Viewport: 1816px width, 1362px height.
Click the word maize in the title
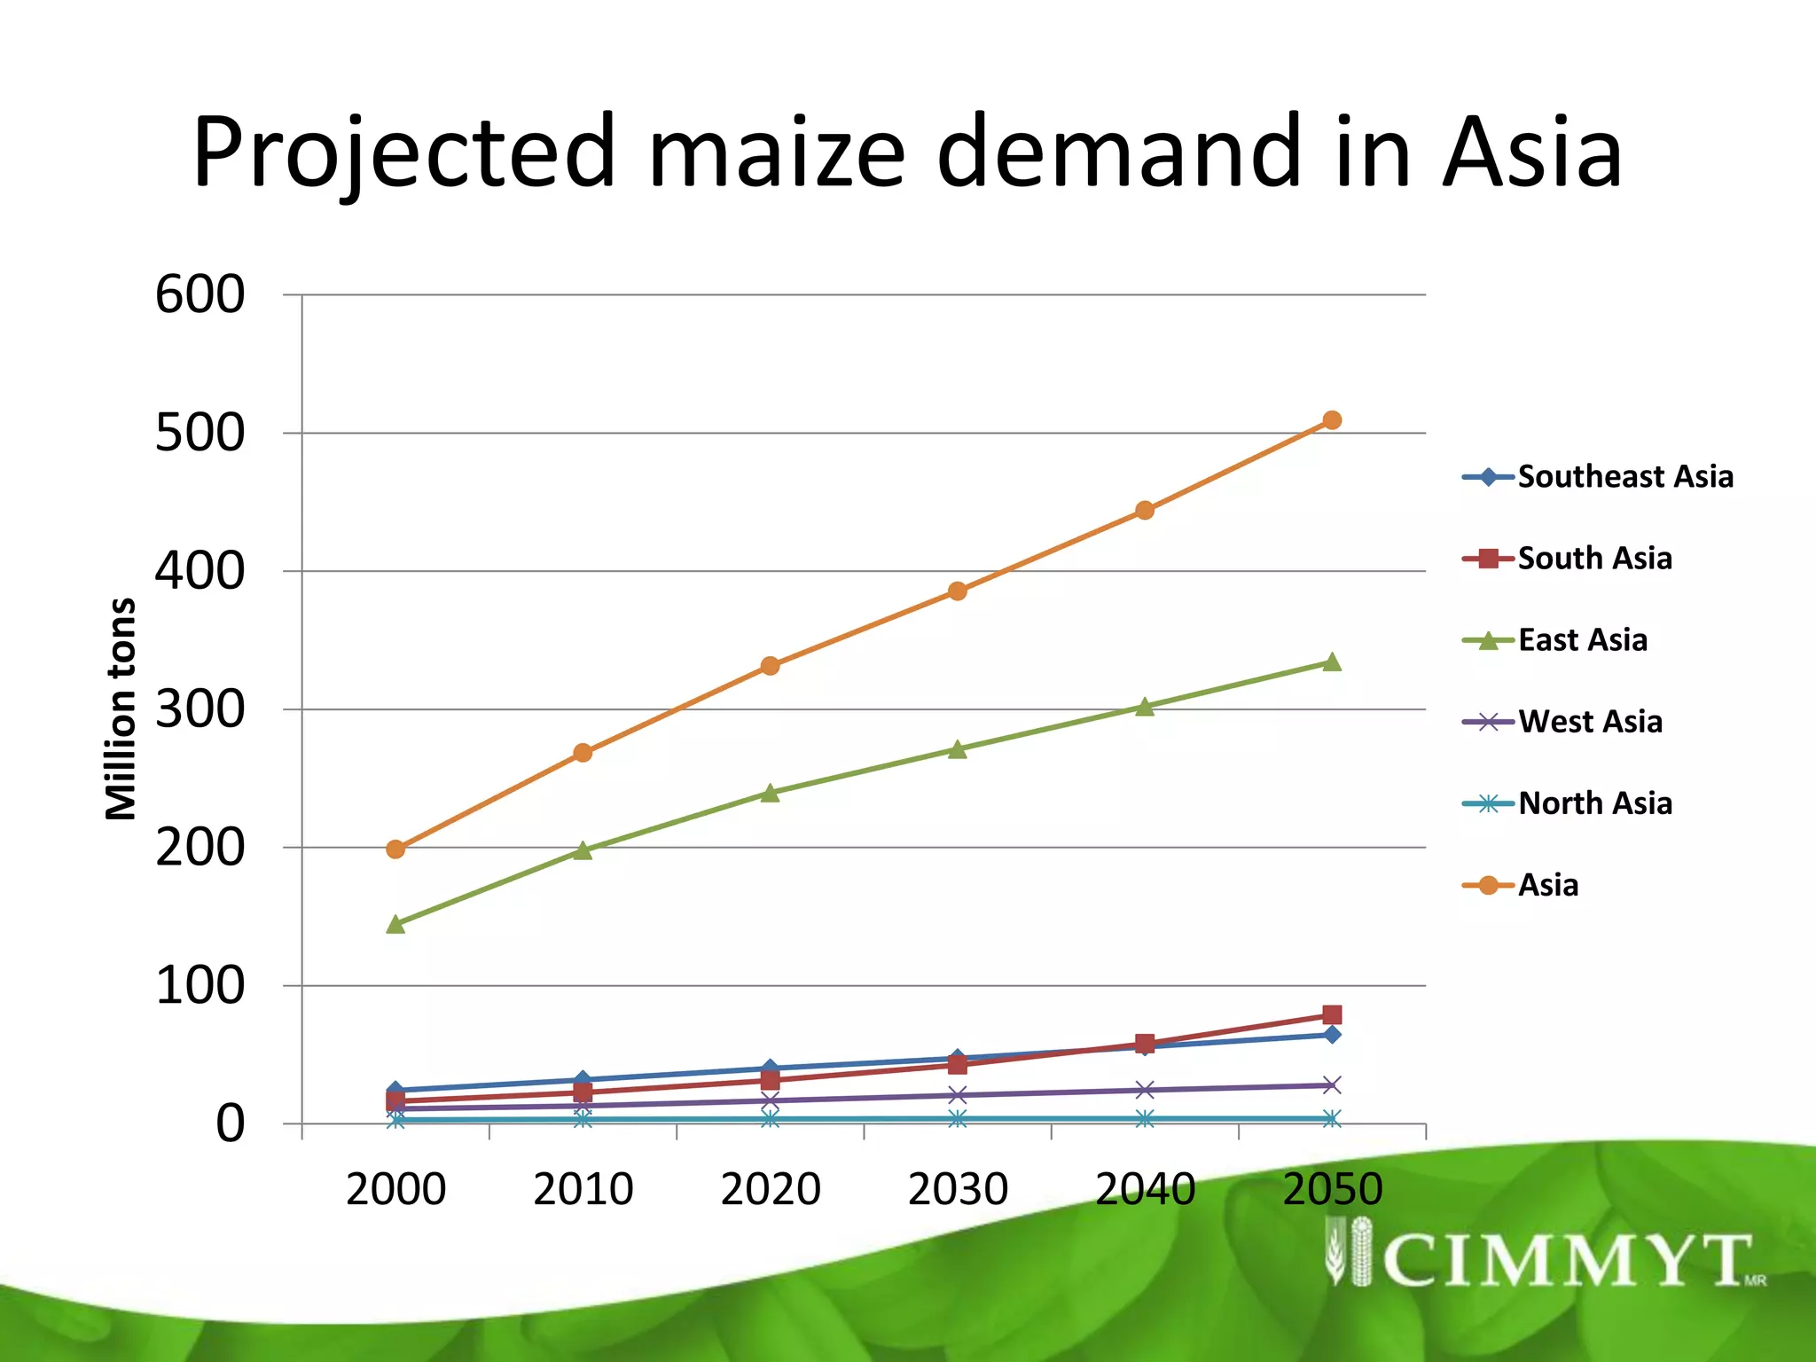coord(777,153)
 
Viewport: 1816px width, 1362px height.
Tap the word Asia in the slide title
coord(1531,153)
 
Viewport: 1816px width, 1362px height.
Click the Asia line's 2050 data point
coord(1331,420)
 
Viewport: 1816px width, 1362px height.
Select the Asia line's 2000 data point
coord(395,849)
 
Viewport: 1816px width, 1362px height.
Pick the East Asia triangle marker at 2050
coord(1331,662)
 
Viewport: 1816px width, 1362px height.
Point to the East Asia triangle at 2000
coord(395,925)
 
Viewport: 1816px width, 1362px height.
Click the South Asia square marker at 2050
coord(1331,1014)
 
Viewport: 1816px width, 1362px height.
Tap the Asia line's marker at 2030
coord(957,591)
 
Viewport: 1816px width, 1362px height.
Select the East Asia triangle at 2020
coord(770,793)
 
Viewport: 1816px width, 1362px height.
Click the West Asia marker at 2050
coord(1331,1085)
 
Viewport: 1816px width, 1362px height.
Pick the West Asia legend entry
coord(1589,722)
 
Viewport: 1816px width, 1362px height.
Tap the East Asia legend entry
coord(1582,640)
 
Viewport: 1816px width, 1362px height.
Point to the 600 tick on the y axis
coord(200,295)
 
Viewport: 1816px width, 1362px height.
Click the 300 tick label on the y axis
coord(200,710)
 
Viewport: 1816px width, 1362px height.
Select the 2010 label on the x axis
coord(583,1189)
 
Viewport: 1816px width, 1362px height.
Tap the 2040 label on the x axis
coord(1145,1189)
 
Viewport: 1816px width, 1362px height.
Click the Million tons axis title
coord(121,709)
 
